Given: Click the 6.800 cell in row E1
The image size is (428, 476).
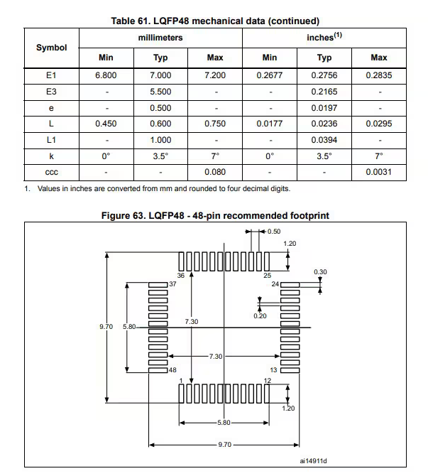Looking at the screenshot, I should tap(106, 75).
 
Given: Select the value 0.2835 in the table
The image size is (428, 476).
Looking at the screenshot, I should tap(378, 75).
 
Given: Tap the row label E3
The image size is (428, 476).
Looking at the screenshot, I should tap(51, 91).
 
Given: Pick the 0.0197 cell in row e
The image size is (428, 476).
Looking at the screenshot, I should tap(324, 107).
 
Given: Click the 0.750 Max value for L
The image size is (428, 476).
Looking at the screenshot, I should tap(214, 124).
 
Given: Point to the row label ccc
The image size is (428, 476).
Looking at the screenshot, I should tap(51, 172).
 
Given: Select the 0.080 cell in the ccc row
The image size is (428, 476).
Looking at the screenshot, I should tap(214, 172).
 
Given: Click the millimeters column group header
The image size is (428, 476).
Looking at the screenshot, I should tap(160, 37).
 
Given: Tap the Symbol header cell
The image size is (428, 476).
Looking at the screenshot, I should tap(51, 47).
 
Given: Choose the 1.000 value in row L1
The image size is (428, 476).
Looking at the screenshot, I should tap(160, 140).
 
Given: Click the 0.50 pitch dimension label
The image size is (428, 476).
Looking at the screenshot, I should tap(273, 232).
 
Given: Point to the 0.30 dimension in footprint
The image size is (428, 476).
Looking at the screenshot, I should tap(320, 272).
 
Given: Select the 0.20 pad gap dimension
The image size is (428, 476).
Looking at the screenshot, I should tap(260, 315).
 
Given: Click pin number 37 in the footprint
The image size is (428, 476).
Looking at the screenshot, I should tap(172, 283).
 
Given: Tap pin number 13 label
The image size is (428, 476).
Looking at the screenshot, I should tap(273, 370).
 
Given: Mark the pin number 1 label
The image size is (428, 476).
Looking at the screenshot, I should tap(182, 382).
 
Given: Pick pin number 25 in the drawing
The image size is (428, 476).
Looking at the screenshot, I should tap(268, 275).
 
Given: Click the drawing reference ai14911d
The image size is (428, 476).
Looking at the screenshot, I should tap(313, 461).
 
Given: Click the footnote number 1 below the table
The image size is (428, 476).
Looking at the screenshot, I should tap(27, 189).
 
